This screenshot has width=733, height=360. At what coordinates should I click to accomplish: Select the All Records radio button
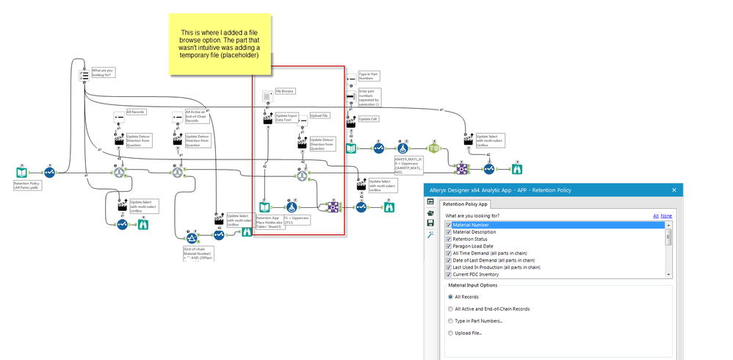point(449,297)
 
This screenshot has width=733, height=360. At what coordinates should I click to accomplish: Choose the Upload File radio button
point(449,334)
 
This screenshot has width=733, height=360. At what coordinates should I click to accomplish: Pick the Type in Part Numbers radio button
point(449,321)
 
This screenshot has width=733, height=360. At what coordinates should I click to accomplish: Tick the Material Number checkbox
point(449,226)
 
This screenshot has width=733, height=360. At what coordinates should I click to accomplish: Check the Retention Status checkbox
point(449,239)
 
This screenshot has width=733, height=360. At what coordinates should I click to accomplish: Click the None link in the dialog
point(666,216)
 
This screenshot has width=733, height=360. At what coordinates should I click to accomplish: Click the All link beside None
point(656,216)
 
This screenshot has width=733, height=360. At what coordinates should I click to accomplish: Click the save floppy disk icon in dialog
point(431,223)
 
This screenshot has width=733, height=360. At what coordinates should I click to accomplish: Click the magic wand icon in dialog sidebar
point(431,234)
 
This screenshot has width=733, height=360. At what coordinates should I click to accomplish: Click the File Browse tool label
point(285,92)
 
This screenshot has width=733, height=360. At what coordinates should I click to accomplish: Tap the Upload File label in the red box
point(320,115)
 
